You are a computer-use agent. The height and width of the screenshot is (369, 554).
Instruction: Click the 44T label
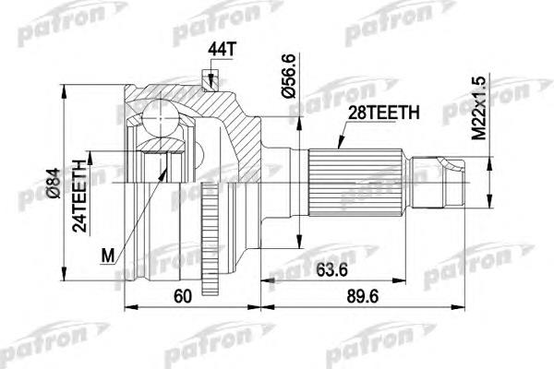221,50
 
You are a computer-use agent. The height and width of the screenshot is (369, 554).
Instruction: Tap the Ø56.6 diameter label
288,76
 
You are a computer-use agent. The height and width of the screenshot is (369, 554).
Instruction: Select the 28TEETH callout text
384,113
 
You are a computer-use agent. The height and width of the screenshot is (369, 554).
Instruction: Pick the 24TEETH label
79,196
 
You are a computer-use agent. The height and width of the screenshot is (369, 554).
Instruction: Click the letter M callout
108,256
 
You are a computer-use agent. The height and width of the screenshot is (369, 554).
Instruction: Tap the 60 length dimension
183,296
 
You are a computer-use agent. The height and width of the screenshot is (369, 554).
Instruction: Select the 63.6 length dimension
331,270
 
